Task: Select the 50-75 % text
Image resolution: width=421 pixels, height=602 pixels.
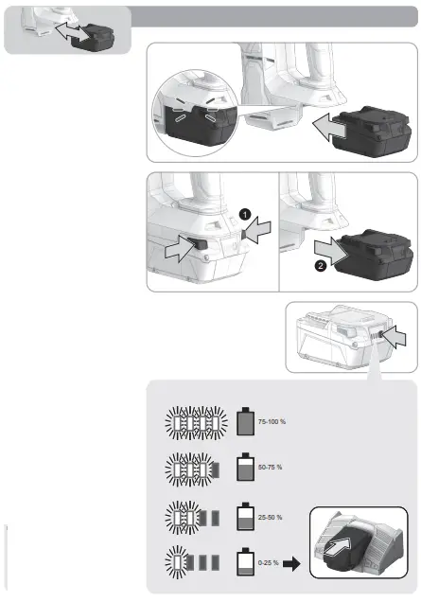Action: click(x=271, y=468)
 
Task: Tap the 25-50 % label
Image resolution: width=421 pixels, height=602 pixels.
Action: click(x=271, y=517)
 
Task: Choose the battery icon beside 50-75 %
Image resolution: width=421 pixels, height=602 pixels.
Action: click(x=243, y=468)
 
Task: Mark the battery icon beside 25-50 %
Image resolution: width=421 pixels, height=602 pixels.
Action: click(x=243, y=517)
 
